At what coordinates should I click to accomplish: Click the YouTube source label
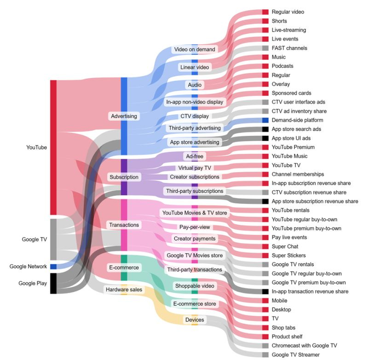37,148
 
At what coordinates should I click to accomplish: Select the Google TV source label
34,239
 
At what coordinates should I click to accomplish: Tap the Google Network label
28,267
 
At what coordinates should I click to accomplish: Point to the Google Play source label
33,283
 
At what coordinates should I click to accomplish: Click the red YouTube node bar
53,147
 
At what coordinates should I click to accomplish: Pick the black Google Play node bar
53,283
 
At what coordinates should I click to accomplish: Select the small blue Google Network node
53,267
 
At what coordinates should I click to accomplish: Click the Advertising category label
124,116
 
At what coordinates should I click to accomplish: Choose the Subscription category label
124,177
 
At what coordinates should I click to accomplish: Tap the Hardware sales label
124,290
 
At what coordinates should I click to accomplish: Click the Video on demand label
195,49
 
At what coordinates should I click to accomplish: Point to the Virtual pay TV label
195,168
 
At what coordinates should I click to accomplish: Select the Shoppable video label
195,286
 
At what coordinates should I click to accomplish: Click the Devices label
195,320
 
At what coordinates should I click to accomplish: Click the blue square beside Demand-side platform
265,120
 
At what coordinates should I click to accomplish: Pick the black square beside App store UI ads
265,138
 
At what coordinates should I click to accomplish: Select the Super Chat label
285,246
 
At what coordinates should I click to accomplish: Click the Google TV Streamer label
295,354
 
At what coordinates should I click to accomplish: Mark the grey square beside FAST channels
265,48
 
